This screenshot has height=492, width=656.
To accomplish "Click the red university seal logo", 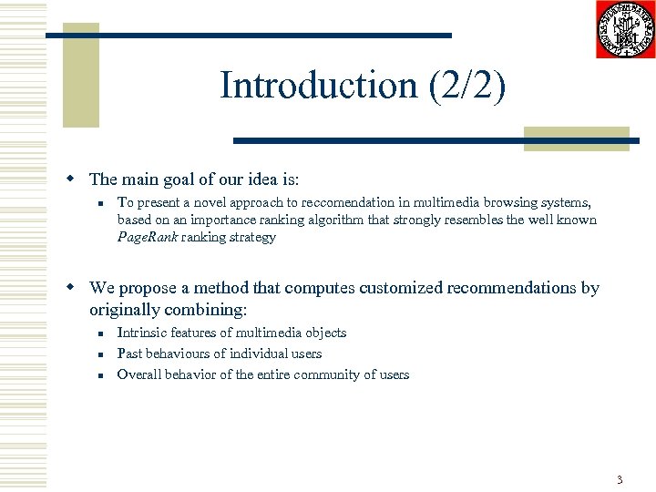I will point(625,30).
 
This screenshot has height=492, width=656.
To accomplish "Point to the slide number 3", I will point(619,479).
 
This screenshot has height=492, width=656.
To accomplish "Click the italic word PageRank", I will point(148,238).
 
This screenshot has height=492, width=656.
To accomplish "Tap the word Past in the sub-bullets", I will point(129,354).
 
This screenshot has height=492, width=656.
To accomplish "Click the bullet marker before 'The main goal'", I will point(79,179).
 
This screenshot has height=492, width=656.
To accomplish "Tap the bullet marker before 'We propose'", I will point(79,288).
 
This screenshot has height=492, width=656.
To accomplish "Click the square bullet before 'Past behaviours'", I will point(105,354).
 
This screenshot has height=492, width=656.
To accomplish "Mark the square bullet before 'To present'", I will point(105,203).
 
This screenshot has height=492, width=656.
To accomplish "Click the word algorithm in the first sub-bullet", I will point(291,220).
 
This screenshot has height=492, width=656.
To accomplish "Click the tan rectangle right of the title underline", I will point(576,138).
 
